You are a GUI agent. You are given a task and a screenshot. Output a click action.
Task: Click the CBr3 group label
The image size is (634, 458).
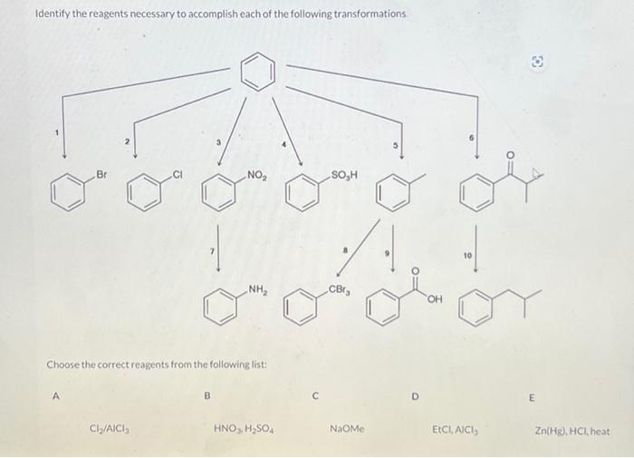pos(338,290)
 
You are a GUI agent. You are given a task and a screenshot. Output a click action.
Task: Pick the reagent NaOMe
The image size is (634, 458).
pos(346,426)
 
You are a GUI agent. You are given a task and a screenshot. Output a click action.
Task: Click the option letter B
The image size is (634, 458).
pos(207,395)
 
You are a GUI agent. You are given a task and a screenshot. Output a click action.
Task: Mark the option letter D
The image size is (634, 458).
pos(415,395)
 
